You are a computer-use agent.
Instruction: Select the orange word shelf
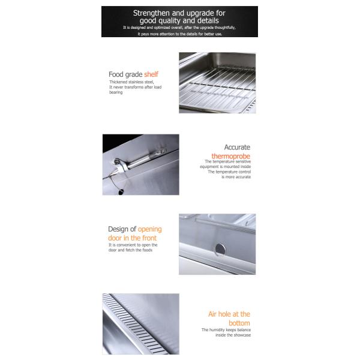point(151,74)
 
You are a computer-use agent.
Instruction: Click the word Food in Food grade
point(116,74)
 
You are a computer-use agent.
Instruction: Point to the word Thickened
point(119,82)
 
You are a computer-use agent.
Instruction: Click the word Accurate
point(237,147)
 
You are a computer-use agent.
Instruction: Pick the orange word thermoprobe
point(231,156)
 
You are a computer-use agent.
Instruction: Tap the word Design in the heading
point(119,229)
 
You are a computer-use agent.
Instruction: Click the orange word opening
point(149,229)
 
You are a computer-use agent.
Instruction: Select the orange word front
point(149,238)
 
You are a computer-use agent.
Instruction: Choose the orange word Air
point(212,314)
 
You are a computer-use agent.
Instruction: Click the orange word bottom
point(239,323)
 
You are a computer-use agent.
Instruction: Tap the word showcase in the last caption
point(242,335)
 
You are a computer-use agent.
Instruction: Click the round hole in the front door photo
point(220,250)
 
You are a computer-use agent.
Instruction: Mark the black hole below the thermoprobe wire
point(121,192)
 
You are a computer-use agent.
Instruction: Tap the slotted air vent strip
point(134,324)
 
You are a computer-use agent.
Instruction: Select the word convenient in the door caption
point(126,245)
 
